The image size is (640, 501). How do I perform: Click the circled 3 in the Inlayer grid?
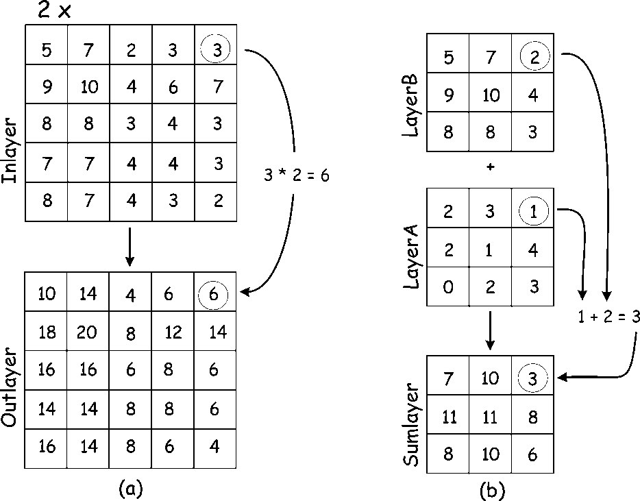(x=215, y=48)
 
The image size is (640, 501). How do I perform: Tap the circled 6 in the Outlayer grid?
(x=214, y=294)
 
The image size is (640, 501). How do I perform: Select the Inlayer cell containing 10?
(x=88, y=84)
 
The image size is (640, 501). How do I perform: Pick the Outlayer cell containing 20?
(x=87, y=331)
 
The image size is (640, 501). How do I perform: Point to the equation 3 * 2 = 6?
(x=296, y=175)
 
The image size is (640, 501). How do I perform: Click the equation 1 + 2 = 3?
(x=608, y=317)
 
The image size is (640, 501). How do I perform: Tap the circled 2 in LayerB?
(x=534, y=56)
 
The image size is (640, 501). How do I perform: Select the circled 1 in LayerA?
(x=534, y=210)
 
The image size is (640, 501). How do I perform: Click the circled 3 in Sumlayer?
(x=532, y=378)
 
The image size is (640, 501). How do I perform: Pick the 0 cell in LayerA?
(x=448, y=286)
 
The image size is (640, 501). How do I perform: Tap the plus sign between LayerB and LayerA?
(x=491, y=167)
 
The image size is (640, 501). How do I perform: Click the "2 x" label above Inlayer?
(x=54, y=10)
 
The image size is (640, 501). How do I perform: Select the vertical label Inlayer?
(x=10, y=150)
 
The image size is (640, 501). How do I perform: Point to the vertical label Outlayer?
(x=10, y=387)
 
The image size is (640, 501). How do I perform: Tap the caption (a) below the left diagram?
(x=131, y=488)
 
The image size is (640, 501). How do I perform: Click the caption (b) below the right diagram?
(x=493, y=490)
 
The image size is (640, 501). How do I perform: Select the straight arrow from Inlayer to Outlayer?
(x=130, y=246)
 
